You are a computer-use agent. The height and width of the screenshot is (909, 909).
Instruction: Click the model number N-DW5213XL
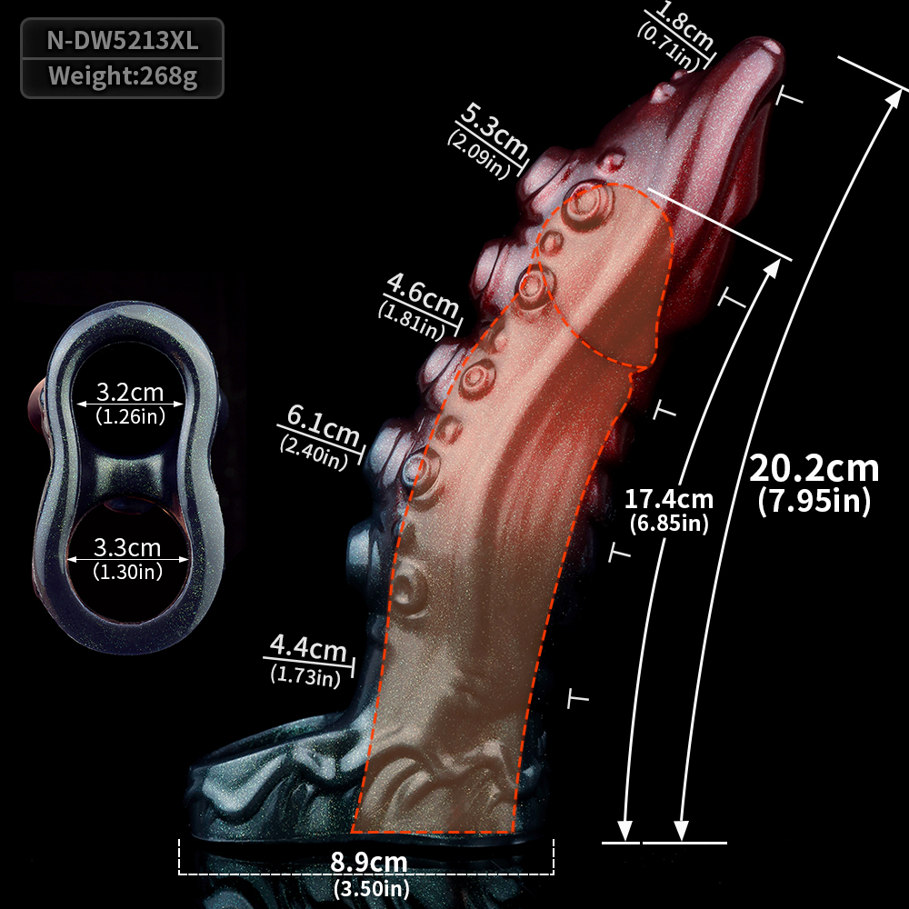(123, 41)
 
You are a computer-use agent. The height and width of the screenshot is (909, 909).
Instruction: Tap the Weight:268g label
(123, 76)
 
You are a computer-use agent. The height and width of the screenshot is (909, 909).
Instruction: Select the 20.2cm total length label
(814, 468)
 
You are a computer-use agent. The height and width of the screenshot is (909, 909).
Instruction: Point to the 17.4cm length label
(668, 499)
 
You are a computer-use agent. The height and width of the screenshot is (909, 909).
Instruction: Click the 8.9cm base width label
(369, 862)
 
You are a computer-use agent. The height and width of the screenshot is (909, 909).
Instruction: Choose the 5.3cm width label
(494, 130)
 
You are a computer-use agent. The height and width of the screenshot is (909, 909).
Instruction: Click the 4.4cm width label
(308, 647)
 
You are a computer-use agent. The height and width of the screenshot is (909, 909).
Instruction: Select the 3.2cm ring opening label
(130, 393)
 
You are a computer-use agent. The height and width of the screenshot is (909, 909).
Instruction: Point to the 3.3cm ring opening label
(127, 548)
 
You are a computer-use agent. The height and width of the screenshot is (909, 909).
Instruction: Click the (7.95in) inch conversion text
(814, 501)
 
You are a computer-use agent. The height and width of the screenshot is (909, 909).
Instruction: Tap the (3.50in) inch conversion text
(372, 888)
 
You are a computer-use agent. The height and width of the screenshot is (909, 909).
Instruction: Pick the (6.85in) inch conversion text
(669, 524)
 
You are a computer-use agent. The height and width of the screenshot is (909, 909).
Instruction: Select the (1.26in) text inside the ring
(130, 416)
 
